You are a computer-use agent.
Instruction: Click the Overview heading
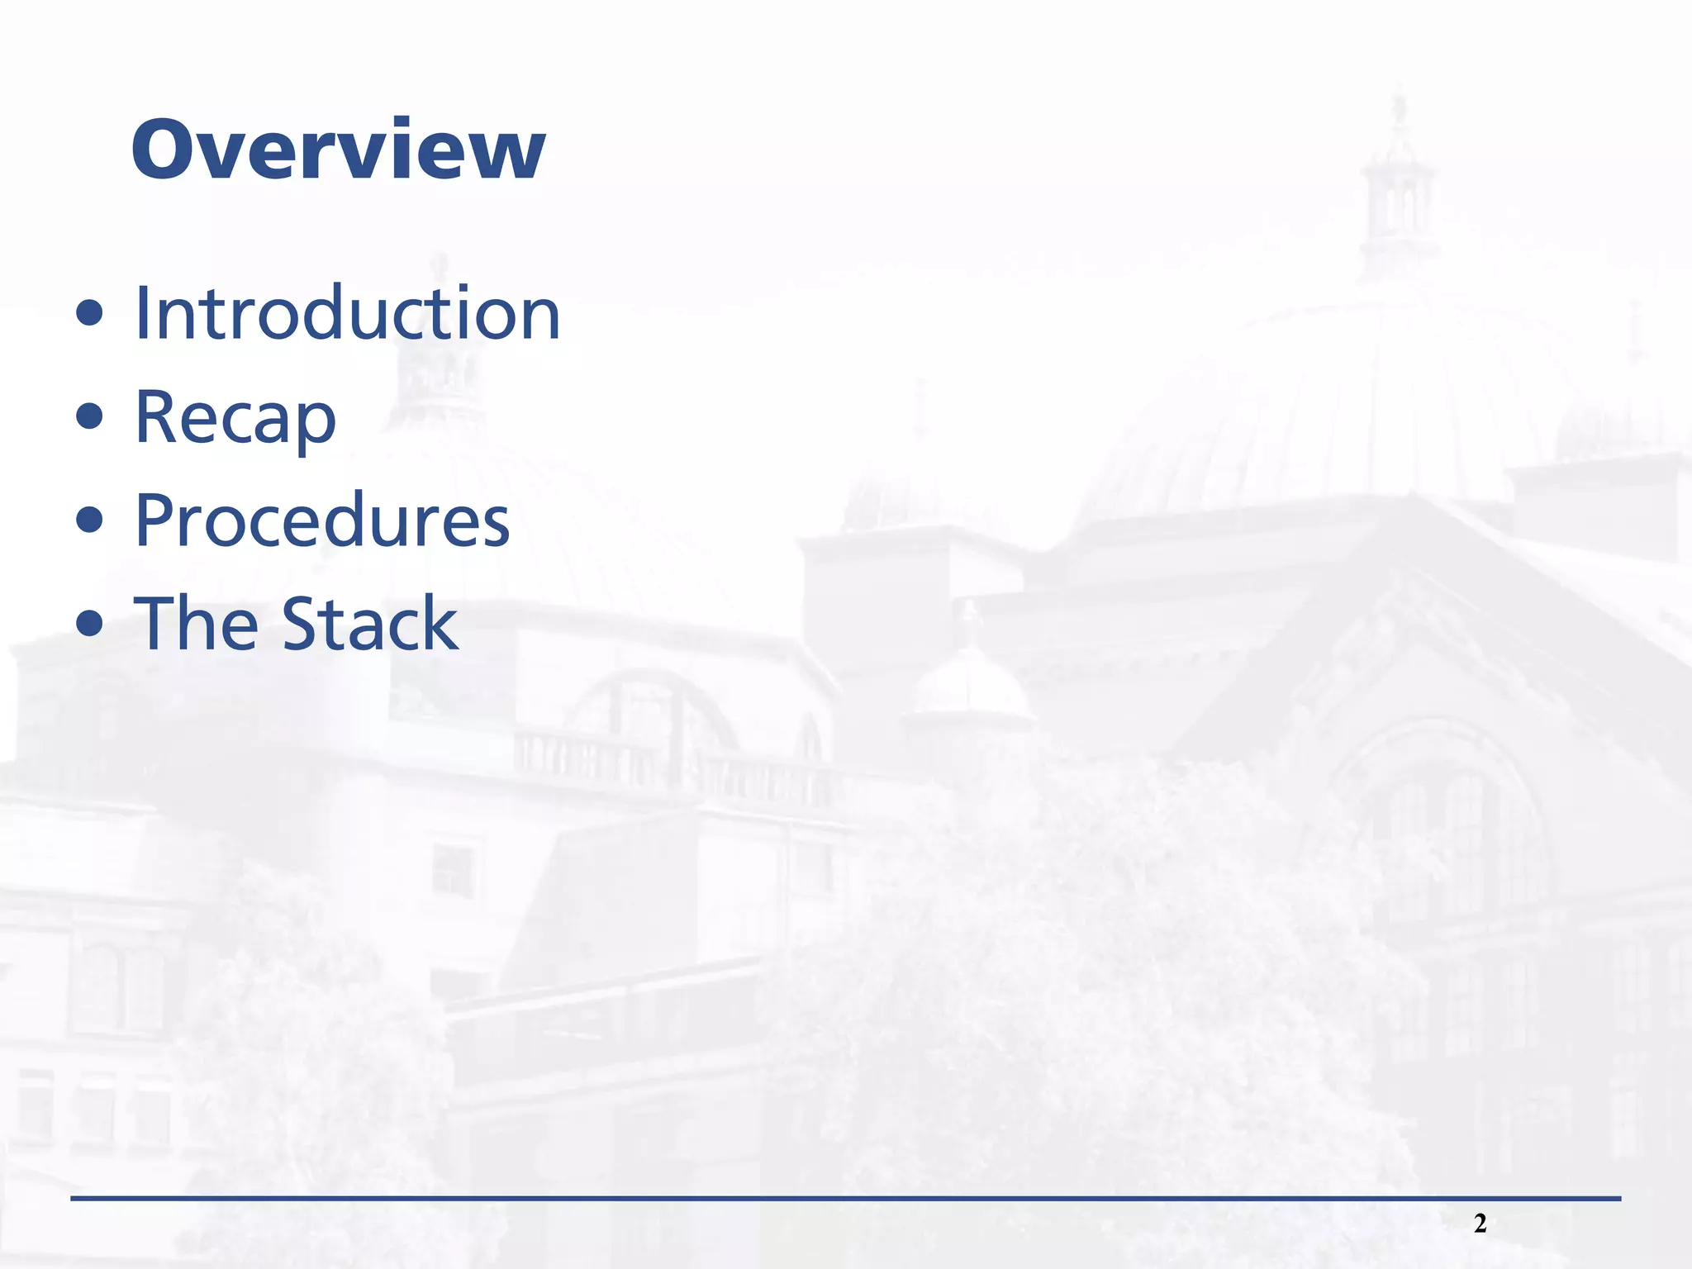[338, 150]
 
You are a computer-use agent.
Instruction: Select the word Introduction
[347, 314]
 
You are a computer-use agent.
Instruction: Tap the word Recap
[235, 418]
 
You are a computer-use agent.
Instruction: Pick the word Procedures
[322, 521]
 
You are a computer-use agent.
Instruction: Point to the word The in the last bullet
[196, 625]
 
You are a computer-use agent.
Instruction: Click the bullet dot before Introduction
[89, 314]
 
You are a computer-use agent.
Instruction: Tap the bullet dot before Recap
[89, 417]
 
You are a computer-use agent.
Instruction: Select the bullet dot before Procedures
[89, 520]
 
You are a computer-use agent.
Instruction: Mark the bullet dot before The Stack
[89, 624]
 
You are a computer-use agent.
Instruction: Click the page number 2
[1480, 1224]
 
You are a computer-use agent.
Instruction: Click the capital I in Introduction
[143, 313]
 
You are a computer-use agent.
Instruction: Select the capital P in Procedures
[157, 520]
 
